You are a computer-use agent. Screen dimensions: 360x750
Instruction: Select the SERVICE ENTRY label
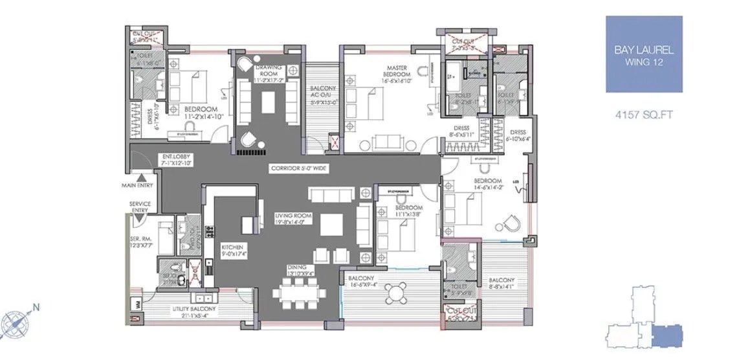tap(140, 207)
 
